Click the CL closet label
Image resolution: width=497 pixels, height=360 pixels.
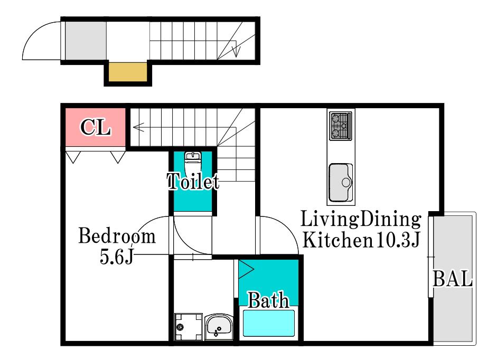coord(96,128)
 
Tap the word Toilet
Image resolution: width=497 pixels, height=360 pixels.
coord(193,181)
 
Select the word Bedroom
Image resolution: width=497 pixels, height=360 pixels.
coord(117,236)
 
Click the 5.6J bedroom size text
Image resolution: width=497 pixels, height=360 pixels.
coord(117,257)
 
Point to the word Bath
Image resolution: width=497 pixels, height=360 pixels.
coord(268,300)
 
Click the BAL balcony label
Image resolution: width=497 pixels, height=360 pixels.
coord(453,279)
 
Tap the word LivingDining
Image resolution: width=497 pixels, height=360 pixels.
coord(361,219)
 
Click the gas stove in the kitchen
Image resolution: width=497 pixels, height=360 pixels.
coord(341,126)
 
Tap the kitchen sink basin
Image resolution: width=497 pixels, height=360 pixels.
coord(341,183)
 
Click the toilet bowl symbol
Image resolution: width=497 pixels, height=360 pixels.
coord(193,162)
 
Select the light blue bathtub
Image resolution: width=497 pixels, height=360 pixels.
coord(268,323)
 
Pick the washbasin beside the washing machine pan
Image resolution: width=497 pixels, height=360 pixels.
coord(219,327)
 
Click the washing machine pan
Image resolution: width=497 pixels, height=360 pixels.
coord(188,327)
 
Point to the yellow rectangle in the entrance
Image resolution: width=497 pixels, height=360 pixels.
coord(128,72)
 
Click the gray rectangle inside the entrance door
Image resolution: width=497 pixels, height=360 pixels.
coord(86,41)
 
